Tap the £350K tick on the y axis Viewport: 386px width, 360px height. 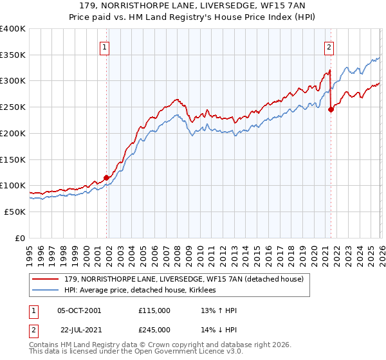coord(13,55)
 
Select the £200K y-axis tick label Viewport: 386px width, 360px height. coord(13,133)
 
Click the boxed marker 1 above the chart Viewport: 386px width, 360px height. coord(104,46)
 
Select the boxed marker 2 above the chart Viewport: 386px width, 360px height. coord(329,46)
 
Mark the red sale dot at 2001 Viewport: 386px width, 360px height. coord(106,178)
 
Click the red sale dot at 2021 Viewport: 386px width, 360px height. coord(331,110)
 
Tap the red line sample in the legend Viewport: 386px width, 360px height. coord(46,279)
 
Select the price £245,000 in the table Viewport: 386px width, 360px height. coord(154,329)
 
